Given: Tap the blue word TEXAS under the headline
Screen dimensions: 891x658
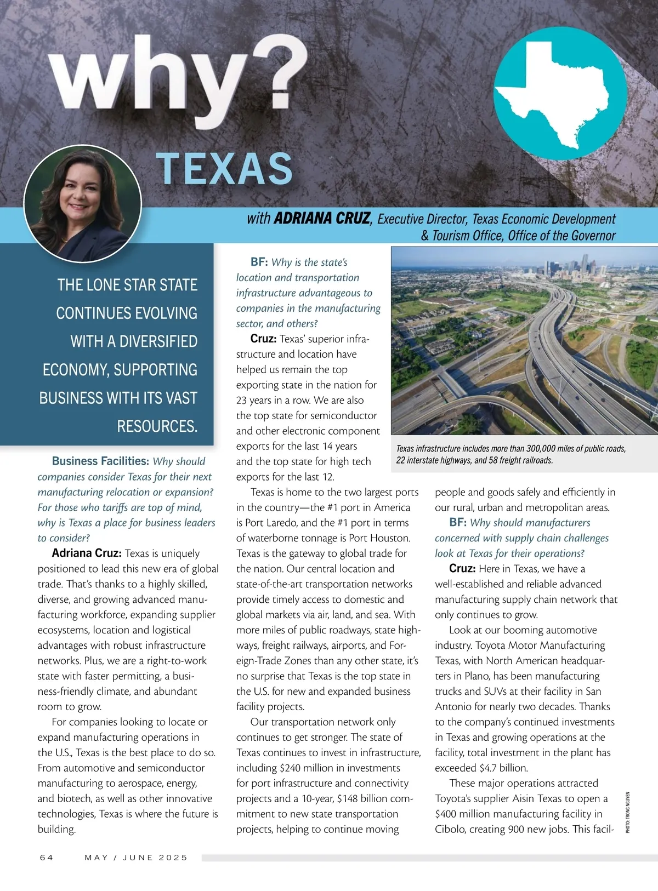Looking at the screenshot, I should (224, 168).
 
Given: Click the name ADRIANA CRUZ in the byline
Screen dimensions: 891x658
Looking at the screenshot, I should (322, 219).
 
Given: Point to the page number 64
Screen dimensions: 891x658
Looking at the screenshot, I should (47, 857).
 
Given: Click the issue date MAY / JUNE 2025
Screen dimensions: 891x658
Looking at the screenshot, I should (136, 857).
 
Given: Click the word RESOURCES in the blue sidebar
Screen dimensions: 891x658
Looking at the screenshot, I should (156, 426).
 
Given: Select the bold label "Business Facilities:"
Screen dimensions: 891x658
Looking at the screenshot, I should (100, 461).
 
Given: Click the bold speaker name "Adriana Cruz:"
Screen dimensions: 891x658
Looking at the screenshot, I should (87, 553).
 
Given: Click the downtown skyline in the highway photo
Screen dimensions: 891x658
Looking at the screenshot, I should (570, 268).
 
